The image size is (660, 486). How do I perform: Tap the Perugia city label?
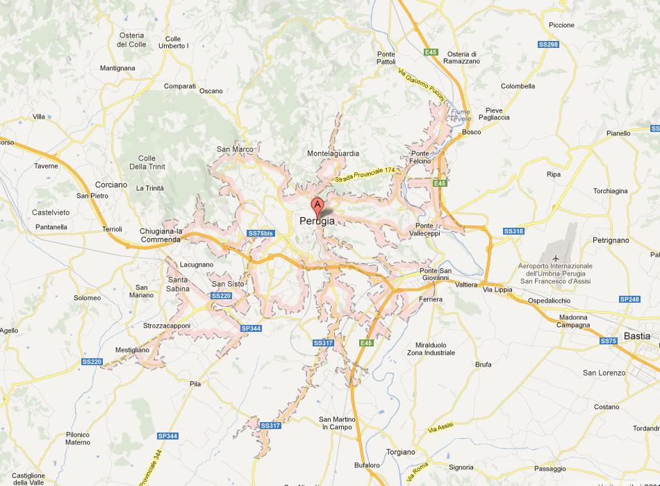click(317, 221)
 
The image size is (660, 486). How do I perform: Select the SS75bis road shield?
click(261, 233)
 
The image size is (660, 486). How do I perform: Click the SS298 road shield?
click(548, 44)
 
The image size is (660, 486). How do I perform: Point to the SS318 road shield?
click(513, 231)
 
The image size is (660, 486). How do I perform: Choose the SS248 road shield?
click(629, 299)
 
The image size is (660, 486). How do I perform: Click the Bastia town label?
click(637, 336)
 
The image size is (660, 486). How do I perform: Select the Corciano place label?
click(111, 185)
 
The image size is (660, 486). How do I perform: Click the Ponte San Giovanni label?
click(436, 274)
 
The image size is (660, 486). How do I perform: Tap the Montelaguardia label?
click(333, 153)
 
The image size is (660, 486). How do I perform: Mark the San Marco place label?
click(235, 149)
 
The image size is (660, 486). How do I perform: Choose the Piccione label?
click(561, 25)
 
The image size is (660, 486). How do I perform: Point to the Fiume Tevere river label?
click(461, 115)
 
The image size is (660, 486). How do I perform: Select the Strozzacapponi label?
click(167, 325)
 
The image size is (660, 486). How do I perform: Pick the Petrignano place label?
click(611, 240)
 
